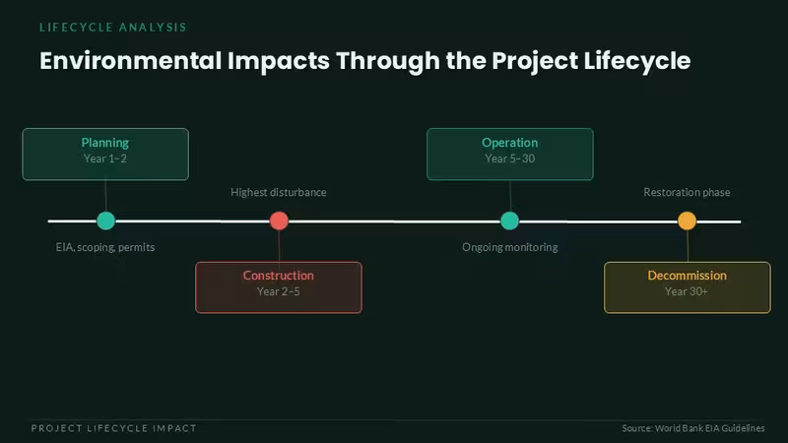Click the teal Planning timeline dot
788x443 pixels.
pos(105,221)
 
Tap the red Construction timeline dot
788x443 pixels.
pos(279,221)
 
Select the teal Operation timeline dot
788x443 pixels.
pos(509,221)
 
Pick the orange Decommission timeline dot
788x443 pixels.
pos(687,221)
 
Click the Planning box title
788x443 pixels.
pos(105,143)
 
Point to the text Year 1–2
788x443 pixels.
pos(105,158)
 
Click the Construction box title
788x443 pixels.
pos(279,276)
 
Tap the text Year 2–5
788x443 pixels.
pos(279,291)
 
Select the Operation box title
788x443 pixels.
pos(509,143)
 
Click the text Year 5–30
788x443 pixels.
pos(509,158)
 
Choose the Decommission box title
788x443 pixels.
pos(687,276)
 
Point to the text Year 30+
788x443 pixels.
pos(687,291)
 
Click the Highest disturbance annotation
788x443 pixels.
pos(279,192)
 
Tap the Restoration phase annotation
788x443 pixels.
pos(687,192)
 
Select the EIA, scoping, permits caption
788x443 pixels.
pos(105,247)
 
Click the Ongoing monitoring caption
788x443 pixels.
pos(510,247)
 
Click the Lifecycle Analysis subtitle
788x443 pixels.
pos(113,28)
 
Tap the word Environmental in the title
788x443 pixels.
pos(131,61)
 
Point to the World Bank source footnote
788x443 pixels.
pos(693,428)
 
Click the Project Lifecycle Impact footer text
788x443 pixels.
pos(114,428)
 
